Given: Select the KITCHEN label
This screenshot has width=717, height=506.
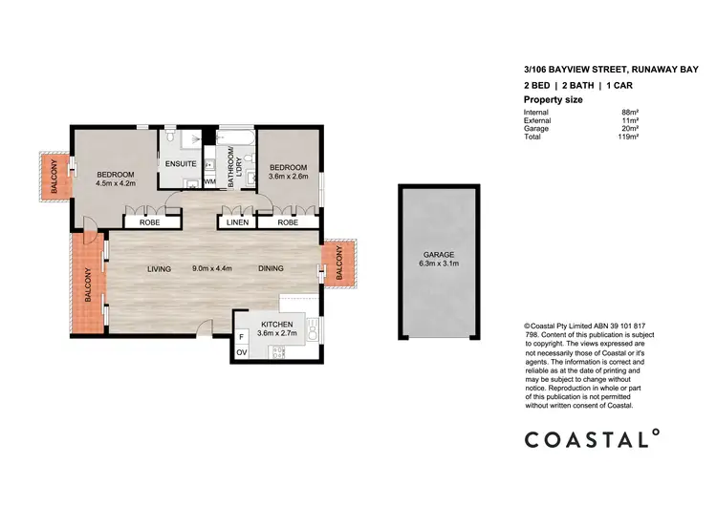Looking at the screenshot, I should (276, 325).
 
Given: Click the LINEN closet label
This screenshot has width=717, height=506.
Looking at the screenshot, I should (238, 222).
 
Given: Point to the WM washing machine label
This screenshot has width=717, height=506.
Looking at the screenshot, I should (209, 180).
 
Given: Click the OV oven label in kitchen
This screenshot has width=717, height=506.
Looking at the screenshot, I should (241, 353).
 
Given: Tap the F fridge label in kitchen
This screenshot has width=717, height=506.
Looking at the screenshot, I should (241, 337).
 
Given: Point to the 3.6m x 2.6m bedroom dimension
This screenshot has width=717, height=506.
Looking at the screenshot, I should (288, 175).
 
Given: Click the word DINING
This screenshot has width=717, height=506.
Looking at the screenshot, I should (272, 269).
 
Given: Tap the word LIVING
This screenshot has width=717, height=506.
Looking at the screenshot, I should (159, 269).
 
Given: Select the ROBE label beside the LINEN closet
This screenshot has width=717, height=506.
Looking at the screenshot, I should (287, 222).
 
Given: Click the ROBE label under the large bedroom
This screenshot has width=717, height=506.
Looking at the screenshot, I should (148, 222).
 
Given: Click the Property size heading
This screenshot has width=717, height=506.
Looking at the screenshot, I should (554, 100).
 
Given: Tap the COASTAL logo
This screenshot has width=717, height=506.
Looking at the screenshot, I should (591, 439).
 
